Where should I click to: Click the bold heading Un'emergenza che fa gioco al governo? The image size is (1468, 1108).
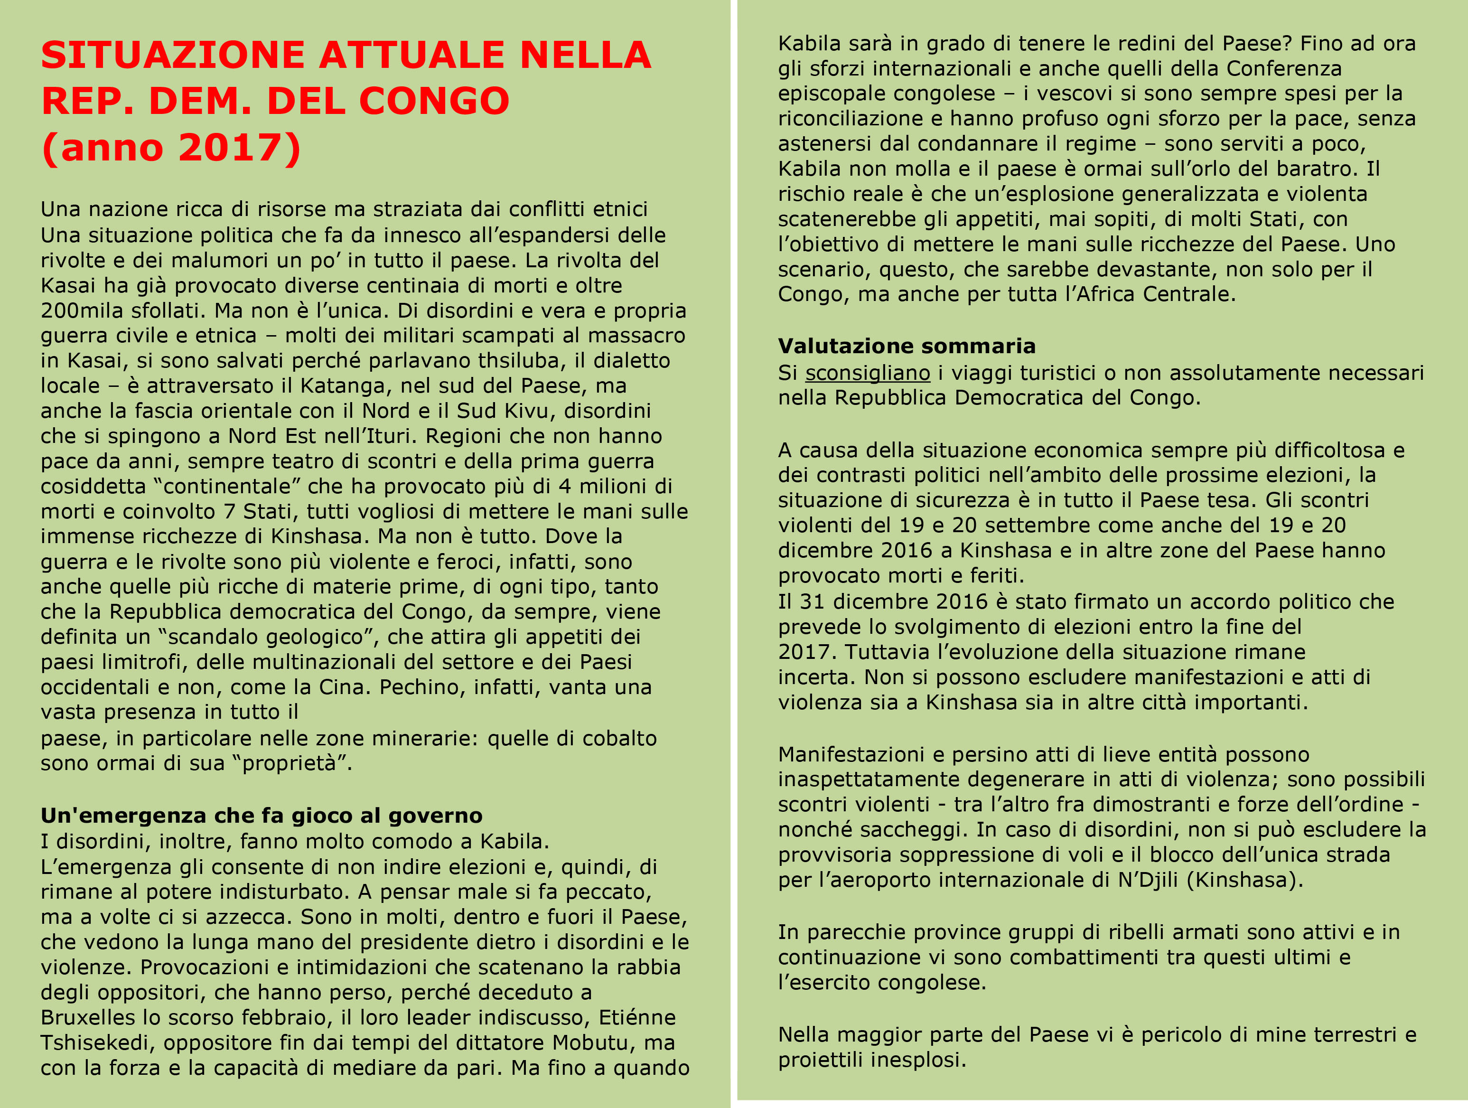pos(262,815)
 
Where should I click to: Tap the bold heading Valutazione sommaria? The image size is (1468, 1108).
pos(907,346)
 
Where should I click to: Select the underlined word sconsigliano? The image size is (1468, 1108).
pos(868,373)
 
